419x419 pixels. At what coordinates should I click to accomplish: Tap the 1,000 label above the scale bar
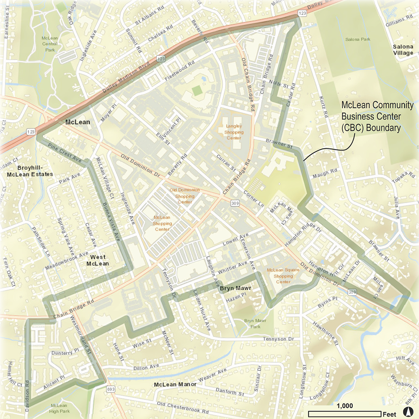tap(344, 406)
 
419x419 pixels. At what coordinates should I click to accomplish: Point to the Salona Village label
tap(403, 50)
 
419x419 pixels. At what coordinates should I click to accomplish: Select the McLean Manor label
tap(171, 385)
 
